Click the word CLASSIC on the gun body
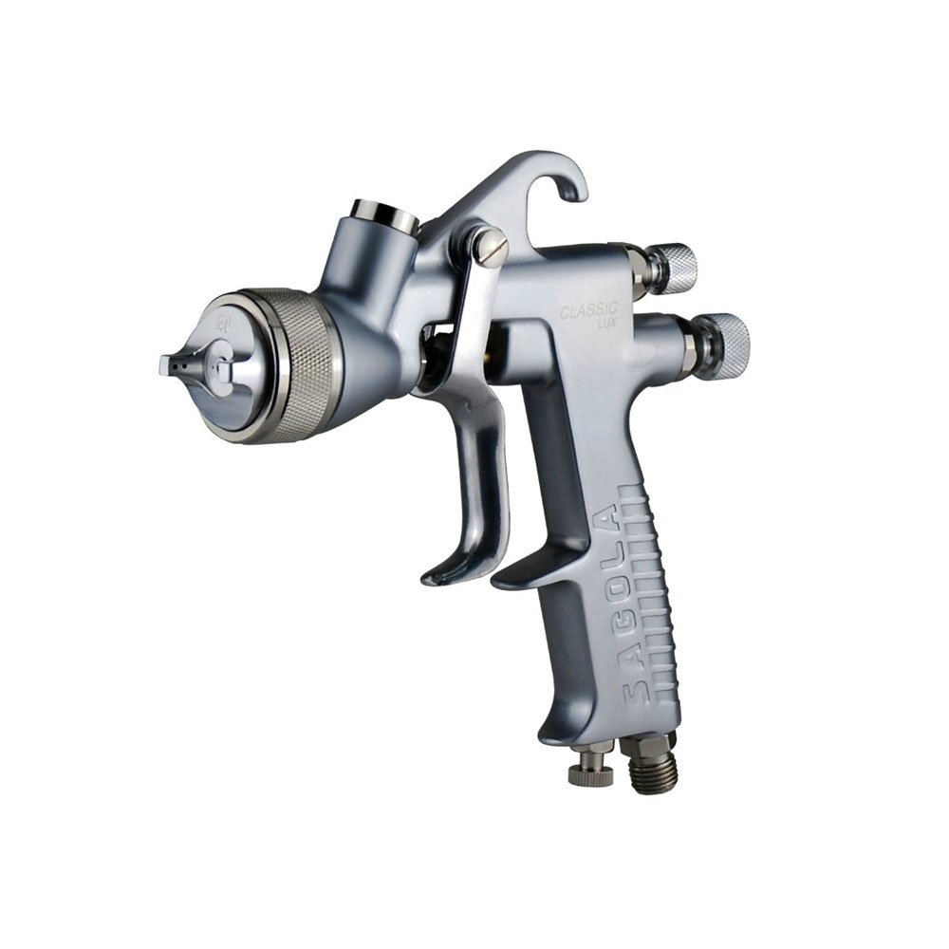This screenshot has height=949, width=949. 589,310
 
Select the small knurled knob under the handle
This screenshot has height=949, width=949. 590,771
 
